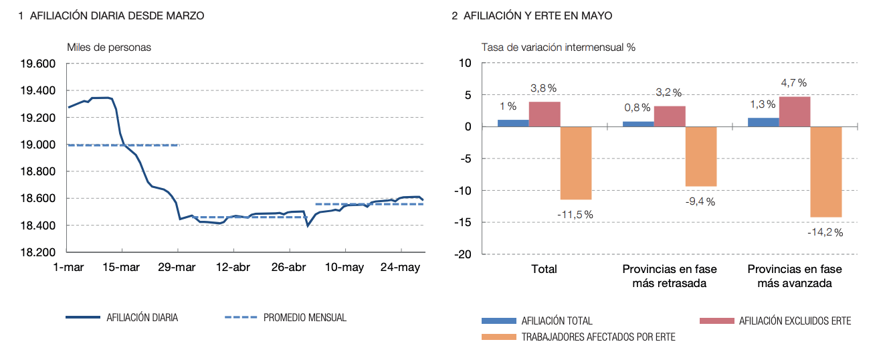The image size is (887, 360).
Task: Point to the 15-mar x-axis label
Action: click(x=121, y=268)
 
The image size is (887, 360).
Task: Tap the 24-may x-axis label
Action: click(x=400, y=268)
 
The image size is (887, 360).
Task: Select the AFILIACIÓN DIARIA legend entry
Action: click(x=142, y=318)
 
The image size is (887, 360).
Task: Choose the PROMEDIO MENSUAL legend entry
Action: click(x=304, y=318)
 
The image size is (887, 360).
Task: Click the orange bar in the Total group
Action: click(x=576, y=163)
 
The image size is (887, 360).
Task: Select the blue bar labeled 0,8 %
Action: click(x=638, y=124)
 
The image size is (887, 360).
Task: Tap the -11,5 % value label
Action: click(x=575, y=214)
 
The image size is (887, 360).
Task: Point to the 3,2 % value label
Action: click(x=668, y=92)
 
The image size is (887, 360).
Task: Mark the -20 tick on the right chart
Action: click(x=464, y=255)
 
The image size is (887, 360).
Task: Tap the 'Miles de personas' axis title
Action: click(x=109, y=47)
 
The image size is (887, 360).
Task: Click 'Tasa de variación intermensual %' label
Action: click(x=559, y=47)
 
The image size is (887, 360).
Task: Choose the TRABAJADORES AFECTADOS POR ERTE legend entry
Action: click(x=598, y=337)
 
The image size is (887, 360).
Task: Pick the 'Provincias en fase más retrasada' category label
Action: click(x=670, y=276)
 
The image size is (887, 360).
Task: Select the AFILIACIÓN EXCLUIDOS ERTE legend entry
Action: click(x=795, y=321)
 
